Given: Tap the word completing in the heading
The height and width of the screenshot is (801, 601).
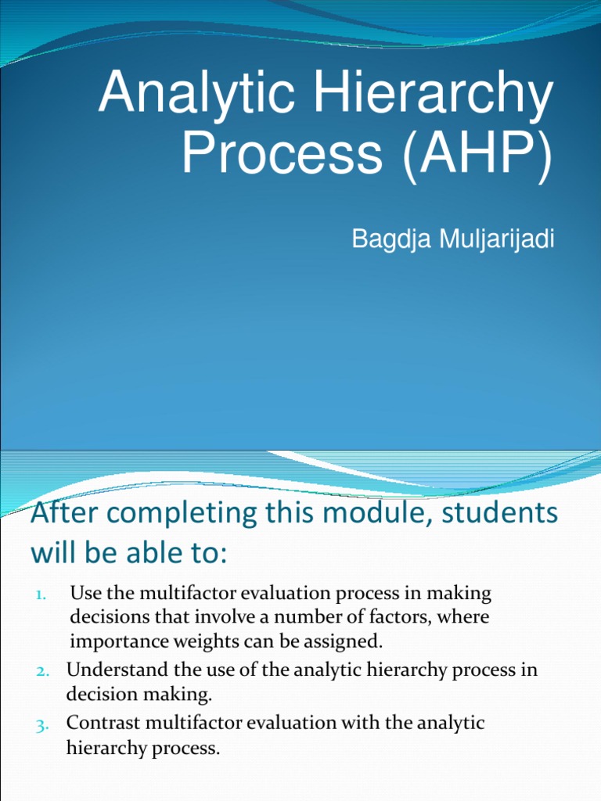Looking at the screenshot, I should pos(184,515).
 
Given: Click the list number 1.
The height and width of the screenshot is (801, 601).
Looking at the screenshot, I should pos(41,595).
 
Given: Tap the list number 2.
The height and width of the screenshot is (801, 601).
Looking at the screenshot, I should pos(41,672).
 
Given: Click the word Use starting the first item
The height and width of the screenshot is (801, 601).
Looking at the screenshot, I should pos(85,594).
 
